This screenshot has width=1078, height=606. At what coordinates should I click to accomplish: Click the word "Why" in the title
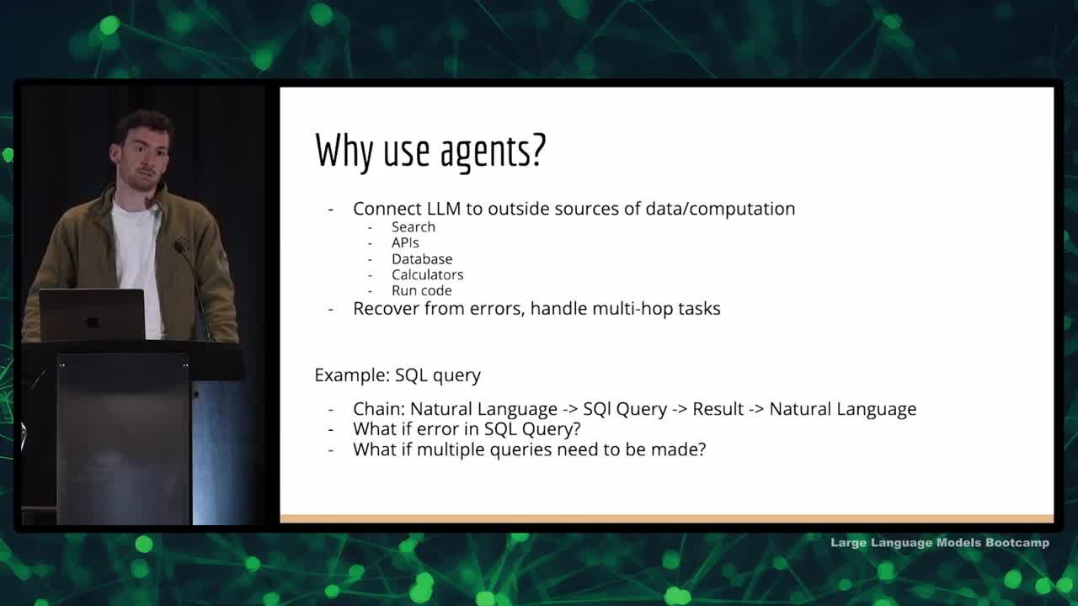point(344,150)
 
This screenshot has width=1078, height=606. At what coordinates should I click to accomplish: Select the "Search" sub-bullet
point(414,227)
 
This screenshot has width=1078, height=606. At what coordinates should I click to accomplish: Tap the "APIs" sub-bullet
point(405,243)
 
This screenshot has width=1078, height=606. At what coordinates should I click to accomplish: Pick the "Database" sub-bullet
point(422,259)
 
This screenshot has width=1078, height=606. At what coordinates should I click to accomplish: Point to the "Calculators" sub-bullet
point(427,275)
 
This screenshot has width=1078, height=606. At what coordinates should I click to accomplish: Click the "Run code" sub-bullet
point(422,291)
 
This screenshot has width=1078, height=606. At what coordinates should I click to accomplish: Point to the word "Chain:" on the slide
point(379,409)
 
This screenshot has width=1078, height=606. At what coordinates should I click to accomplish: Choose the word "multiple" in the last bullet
point(451,450)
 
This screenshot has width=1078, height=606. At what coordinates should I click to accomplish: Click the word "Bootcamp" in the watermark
point(1017,543)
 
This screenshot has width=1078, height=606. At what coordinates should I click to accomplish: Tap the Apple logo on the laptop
point(92,322)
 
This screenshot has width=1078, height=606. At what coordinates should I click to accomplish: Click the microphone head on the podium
point(181,246)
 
